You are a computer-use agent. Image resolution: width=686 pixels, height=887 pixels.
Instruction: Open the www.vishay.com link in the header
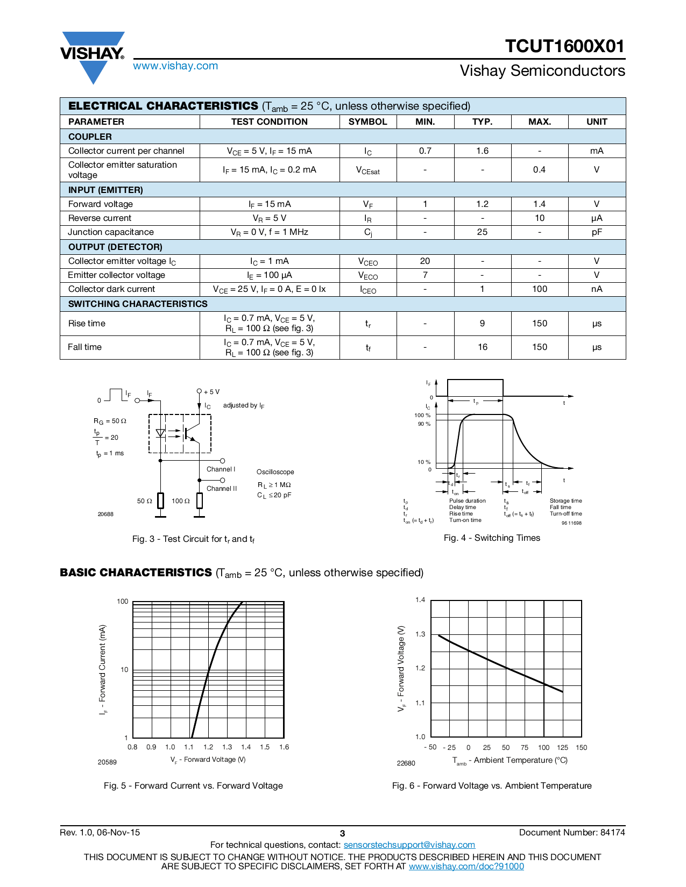(175, 66)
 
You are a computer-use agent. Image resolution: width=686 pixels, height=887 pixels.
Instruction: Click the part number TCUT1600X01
(564, 46)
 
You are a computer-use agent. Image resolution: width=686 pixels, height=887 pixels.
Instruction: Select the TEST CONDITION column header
(269, 121)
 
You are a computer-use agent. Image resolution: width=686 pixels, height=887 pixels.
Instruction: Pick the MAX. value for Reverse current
(539, 218)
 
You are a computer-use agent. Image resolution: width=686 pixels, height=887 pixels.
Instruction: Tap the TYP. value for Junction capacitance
(482, 232)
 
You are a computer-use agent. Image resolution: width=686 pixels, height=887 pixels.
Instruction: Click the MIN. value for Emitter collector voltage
(425, 275)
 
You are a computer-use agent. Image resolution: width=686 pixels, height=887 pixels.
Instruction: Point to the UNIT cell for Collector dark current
(596, 289)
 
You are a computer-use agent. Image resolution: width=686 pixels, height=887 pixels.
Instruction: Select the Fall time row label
(85, 347)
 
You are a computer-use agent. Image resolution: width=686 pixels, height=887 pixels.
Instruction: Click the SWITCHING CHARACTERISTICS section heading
(138, 304)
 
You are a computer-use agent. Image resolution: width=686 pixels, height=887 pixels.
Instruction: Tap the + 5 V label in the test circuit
(212, 392)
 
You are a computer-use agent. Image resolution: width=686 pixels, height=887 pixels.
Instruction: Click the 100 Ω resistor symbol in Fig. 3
(200, 500)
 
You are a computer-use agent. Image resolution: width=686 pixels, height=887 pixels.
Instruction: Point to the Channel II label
(222, 489)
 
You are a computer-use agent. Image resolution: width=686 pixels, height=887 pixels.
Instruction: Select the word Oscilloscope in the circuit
(275, 472)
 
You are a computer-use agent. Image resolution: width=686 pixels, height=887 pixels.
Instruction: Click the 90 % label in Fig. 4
(424, 424)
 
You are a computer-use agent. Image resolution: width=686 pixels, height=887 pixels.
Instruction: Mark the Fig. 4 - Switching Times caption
(492, 538)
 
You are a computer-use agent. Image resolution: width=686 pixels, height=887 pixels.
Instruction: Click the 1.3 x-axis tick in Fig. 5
(227, 747)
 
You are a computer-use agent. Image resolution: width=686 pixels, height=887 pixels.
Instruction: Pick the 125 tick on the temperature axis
(562, 748)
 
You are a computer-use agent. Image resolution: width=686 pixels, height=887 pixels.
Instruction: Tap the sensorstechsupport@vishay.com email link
(409, 845)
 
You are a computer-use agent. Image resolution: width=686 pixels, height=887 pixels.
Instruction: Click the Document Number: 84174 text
(572, 833)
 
